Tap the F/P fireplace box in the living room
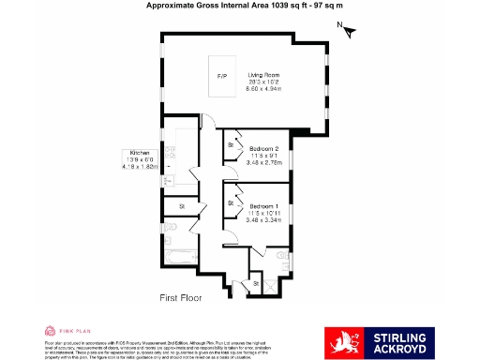click(222, 75)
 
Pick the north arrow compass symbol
click(349, 31)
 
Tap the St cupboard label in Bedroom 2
click(231, 145)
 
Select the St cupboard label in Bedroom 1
click(231, 202)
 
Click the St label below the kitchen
click(182, 205)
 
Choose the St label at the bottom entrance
click(256, 283)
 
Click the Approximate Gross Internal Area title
click(239, 6)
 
